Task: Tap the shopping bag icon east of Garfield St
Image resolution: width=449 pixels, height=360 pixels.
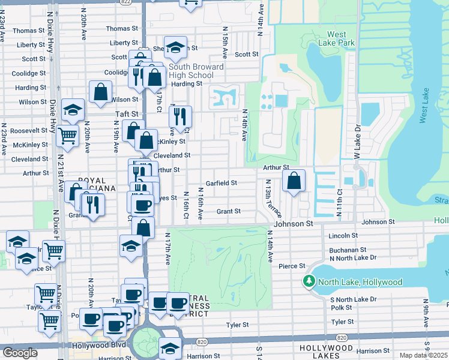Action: point(294,180)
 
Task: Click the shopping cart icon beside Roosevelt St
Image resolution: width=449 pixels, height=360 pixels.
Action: point(68,136)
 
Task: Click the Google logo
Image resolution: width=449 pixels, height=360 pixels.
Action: point(20,353)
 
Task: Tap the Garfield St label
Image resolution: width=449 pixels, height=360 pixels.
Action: point(221,183)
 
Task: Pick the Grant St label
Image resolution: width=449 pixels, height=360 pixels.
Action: point(229,211)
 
